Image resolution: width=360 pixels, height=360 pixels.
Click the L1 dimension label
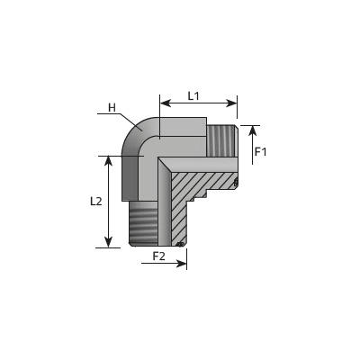point(193,96)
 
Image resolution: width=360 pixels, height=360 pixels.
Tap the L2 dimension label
point(96,202)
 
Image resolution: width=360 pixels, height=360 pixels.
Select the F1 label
point(260,152)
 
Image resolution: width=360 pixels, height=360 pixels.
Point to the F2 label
point(159,256)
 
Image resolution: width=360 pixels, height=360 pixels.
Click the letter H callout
point(112,107)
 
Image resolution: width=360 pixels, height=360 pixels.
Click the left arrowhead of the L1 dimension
point(166,103)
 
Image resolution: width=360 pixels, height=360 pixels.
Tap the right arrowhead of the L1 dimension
point(231,103)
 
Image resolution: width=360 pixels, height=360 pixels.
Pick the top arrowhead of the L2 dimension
point(108,161)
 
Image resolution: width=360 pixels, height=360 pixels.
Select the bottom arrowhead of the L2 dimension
point(108,242)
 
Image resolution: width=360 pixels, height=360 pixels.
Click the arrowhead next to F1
point(253,131)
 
